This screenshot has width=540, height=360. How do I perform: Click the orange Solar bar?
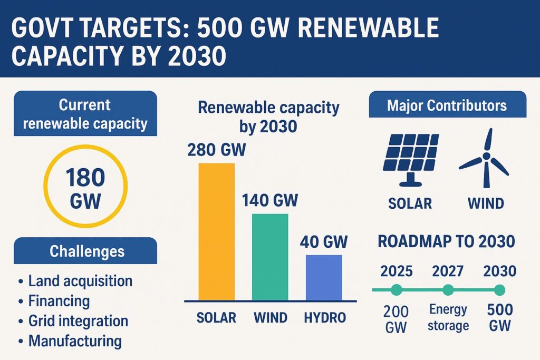[x=216, y=232]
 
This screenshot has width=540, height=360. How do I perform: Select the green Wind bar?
[x=270, y=257]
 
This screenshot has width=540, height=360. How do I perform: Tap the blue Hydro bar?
[x=323, y=277]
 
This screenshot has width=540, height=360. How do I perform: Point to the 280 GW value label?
[x=216, y=150]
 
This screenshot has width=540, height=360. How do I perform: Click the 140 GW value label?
[x=270, y=201]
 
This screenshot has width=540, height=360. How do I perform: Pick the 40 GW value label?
[x=323, y=242]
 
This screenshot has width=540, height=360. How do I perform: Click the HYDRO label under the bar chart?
[x=325, y=318]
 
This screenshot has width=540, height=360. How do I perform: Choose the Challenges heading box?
[x=85, y=251]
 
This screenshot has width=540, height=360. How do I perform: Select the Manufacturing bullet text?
[x=75, y=340]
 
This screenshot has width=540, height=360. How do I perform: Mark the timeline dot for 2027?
[x=448, y=289]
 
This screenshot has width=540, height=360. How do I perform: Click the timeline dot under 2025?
[x=397, y=289]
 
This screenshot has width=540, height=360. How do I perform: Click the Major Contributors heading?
[x=447, y=105]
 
